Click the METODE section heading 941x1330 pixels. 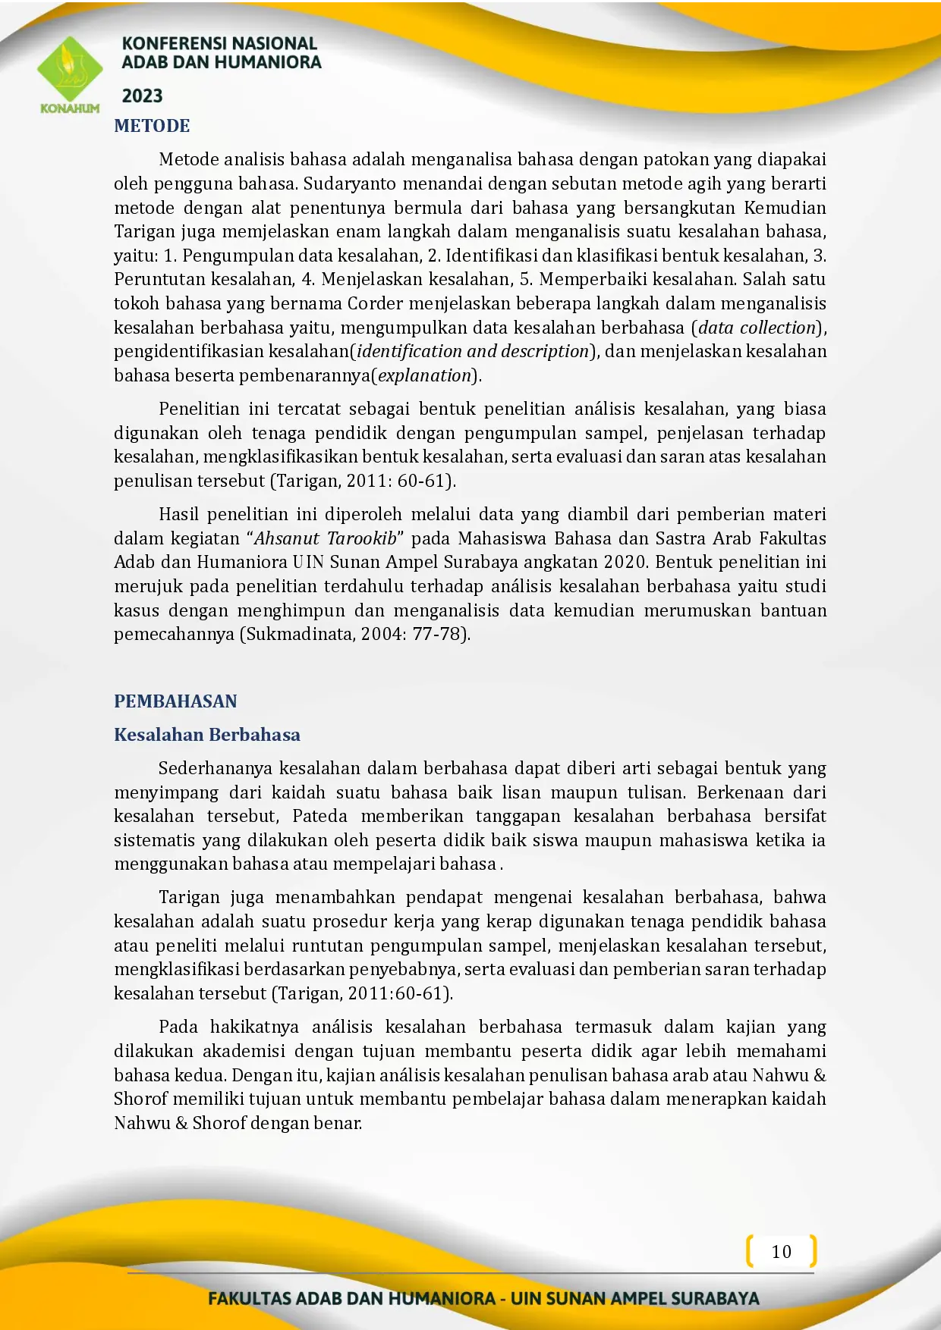[x=152, y=126]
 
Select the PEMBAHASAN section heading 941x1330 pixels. [x=175, y=701]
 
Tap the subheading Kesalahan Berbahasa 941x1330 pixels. [x=206, y=735]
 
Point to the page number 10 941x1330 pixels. [x=781, y=1252]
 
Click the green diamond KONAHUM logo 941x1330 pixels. [x=69, y=71]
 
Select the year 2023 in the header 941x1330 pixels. [x=142, y=96]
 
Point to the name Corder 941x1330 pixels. [x=375, y=303]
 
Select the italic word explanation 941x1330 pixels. [x=425, y=375]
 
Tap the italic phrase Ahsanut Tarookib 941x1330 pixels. [x=325, y=538]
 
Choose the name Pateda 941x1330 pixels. [x=319, y=816]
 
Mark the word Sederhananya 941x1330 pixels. [x=215, y=768]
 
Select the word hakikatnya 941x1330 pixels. [x=254, y=1027]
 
